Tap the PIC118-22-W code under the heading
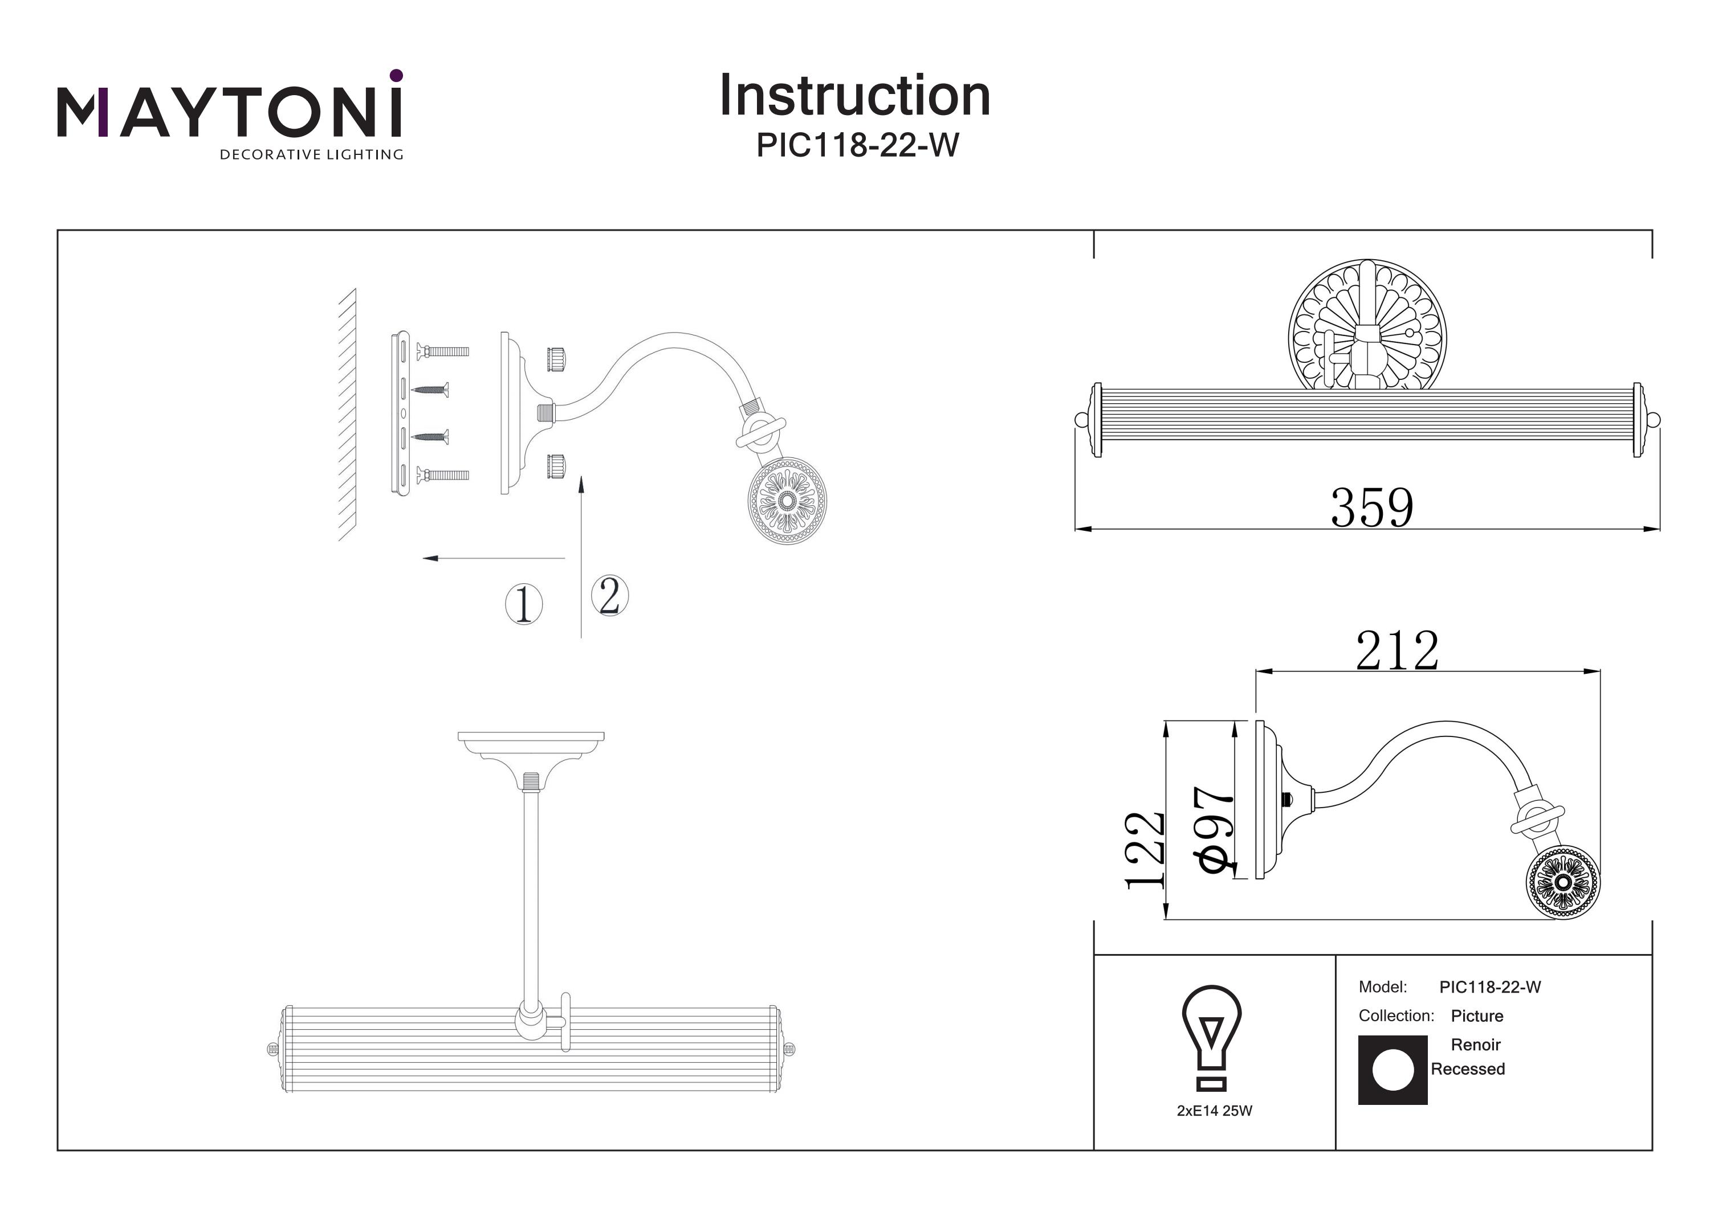pyautogui.click(x=857, y=145)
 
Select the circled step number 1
pyautogui.click(x=524, y=604)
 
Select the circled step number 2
pyautogui.click(x=610, y=595)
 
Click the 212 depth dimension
pyautogui.click(x=1396, y=651)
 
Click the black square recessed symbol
pyautogui.click(x=1393, y=1070)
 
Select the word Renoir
pyautogui.click(x=1475, y=1045)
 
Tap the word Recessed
pyautogui.click(x=1468, y=1069)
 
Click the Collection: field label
pyautogui.click(x=1396, y=1015)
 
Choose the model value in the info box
pyautogui.click(x=1491, y=987)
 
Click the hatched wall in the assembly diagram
pyautogui.click(x=347, y=415)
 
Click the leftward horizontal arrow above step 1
pyautogui.click(x=494, y=558)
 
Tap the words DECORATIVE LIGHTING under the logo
pyautogui.click(x=311, y=155)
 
